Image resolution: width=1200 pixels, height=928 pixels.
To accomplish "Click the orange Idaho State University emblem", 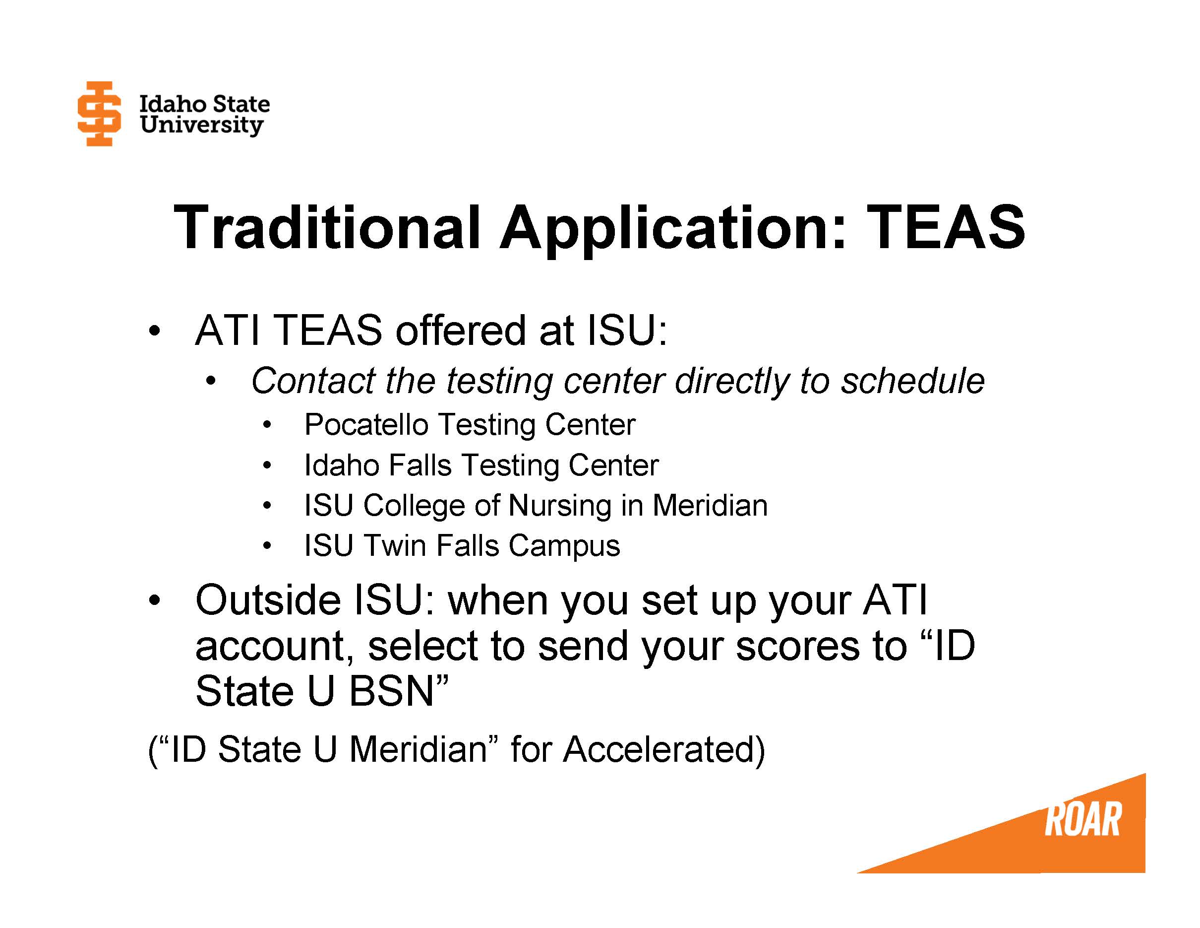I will pyautogui.click(x=99, y=113).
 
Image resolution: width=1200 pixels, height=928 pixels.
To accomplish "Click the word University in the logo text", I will pyautogui.click(x=201, y=125).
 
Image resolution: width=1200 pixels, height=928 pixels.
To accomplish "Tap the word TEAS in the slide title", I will pyautogui.click(x=945, y=227).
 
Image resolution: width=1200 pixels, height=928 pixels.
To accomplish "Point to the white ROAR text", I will pyautogui.click(x=1082, y=820).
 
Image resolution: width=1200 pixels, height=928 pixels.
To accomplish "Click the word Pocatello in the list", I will pyautogui.click(x=366, y=424).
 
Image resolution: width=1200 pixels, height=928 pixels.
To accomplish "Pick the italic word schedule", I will pyautogui.click(x=912, y=381).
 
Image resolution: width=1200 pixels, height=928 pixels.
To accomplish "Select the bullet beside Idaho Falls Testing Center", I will pyautogui.click(x=267, y=465).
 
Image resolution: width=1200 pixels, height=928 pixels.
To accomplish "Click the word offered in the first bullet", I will pyautogui.click(x=461, y=331).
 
